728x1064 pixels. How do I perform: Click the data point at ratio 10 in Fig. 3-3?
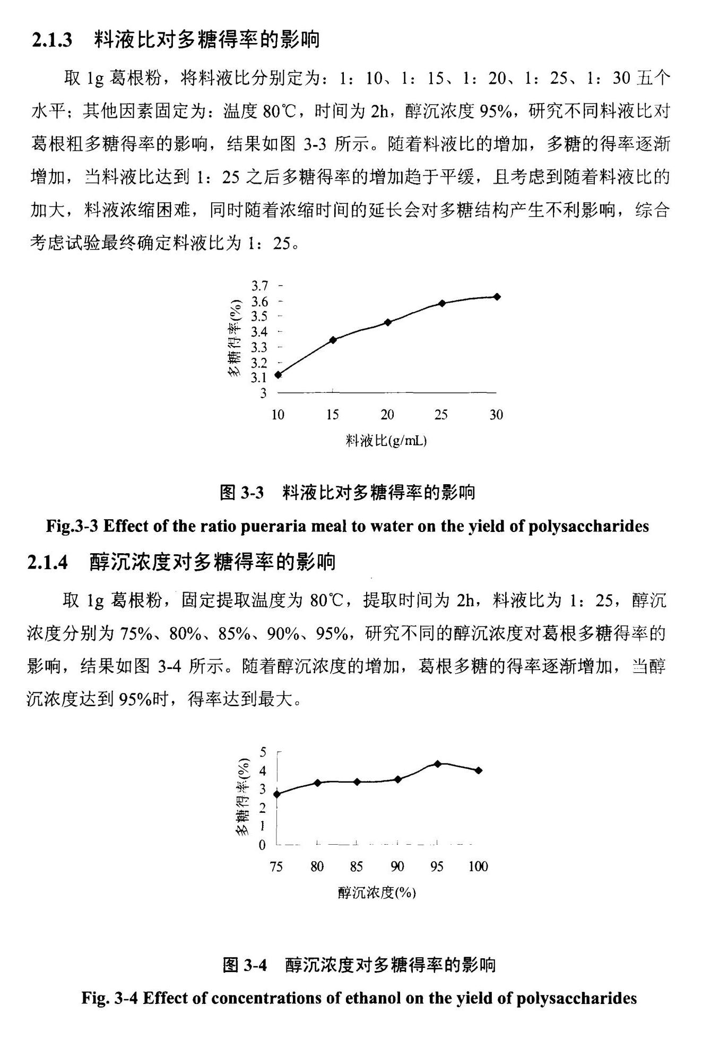coord(278,375)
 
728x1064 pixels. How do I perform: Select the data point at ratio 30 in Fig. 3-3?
coord(497,297)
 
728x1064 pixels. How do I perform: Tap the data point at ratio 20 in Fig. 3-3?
coord(387,322)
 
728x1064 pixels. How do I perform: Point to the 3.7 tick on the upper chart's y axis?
coord(260,286)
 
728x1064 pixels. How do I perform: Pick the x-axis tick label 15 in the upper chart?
coord(333,415)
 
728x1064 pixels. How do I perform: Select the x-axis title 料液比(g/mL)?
coord(386,441)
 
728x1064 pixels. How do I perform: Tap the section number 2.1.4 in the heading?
coord(48,562)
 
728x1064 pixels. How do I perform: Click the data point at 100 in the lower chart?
coord(479,770)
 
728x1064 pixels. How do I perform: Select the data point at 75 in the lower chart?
coord(277,794)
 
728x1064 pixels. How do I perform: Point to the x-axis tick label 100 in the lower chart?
coord(478,866)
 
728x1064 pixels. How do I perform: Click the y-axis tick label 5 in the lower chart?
coord(263,752)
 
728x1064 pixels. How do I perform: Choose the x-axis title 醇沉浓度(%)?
coord(377,893)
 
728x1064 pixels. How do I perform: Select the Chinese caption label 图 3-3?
coord(241,493)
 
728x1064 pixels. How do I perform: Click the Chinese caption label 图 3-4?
coord(245,965)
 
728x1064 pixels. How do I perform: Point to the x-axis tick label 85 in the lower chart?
coord(356,866)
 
